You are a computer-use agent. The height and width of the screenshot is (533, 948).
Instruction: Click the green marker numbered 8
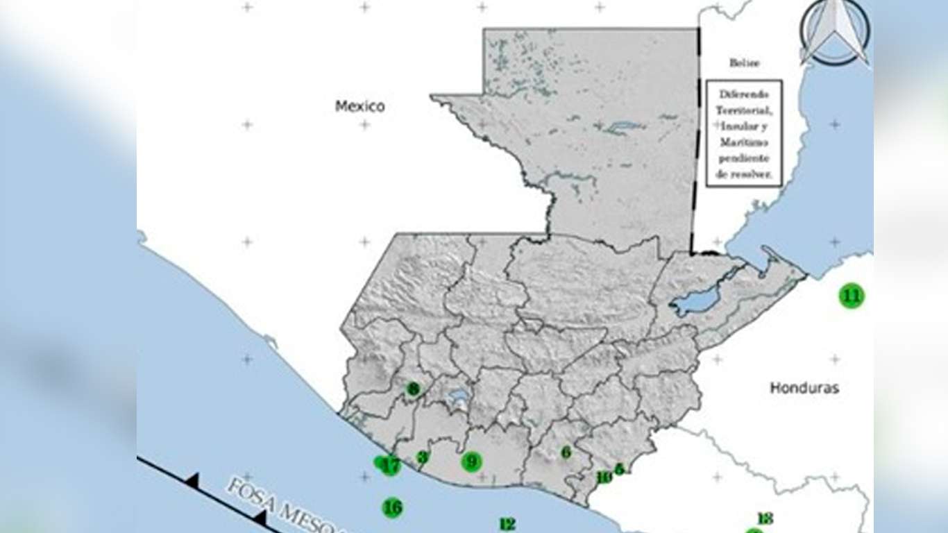click(x=413, y=389)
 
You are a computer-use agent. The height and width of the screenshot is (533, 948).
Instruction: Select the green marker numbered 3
click(x=422, y=457)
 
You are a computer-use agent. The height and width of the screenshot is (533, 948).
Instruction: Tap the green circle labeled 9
click(x=472, y=461)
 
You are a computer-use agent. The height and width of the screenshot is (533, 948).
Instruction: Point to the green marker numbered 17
click(x=391, y=466)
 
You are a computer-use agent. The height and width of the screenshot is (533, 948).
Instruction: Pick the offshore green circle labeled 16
click(x=393, y=507)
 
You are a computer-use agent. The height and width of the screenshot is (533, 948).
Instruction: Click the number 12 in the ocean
click(x=507, y=525)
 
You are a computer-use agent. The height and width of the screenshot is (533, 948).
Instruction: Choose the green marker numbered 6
click(x=566, y=452)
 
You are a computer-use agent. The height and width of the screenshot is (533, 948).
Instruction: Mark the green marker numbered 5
click(x=620, y=469)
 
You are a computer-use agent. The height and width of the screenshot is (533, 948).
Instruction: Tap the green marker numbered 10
click(x=604, y=477)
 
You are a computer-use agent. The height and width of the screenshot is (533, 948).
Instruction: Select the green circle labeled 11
click(x=852, y=296)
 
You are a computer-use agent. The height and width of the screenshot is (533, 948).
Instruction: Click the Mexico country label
click(x=359, y=106)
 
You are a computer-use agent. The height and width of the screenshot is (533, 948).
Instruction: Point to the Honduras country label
click(x=804, y=388)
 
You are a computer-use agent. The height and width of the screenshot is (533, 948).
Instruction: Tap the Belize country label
click(x=744, y=63)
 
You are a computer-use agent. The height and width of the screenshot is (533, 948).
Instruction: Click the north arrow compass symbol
click(x=834, y=32)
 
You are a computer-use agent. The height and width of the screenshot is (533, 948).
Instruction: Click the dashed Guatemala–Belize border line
click(x=695, y=139)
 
